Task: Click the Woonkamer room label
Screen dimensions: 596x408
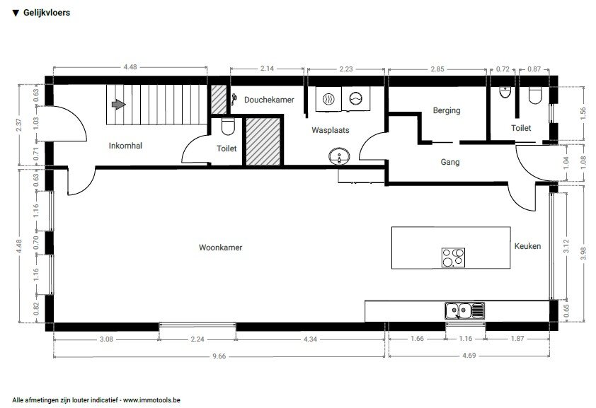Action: click(220, 247)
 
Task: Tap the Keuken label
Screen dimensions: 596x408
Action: click(527, 246)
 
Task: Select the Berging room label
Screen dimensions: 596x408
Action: click(447, 110)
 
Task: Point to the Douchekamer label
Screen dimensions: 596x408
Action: click(269, 100)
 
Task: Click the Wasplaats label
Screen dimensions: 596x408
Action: click(331, 130)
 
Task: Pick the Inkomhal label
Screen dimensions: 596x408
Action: click(125, 146)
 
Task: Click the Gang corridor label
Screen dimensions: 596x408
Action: click(450, 162)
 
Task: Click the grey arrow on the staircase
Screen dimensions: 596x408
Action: click(119, 104)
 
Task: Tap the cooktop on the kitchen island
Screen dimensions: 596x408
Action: click(453, 257)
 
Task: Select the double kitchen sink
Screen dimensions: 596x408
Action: click(465, 311)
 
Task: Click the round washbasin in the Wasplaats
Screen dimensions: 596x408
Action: click(340, 157)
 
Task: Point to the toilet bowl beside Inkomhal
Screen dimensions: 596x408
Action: click(228, 127)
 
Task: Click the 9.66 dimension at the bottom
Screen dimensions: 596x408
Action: click(219, 356)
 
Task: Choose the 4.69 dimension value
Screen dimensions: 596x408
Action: click(469, 356)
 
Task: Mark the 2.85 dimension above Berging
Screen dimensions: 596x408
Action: click(437, 69)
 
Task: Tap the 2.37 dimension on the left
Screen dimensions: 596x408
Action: click(19, 125)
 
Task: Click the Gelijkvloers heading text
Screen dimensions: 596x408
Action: click(47, 13)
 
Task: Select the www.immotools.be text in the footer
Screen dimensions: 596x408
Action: click(151, 400)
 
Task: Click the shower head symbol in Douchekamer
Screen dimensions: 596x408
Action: click(234, 100)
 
